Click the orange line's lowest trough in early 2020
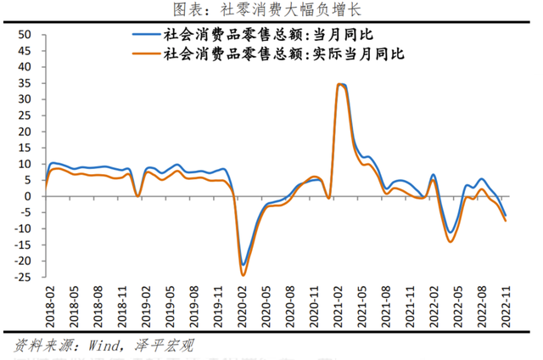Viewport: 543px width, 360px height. coord(244,275)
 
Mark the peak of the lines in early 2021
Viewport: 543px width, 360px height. coord(341,84)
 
